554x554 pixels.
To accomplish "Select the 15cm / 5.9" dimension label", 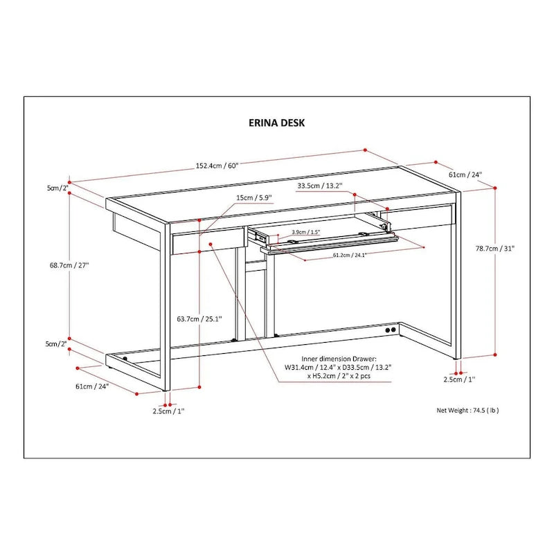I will tap(254, 197).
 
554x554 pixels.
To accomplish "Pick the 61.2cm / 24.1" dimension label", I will tap(350, 256).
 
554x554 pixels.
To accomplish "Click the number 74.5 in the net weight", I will tap(478, 410).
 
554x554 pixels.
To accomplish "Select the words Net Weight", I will tap(452, 410).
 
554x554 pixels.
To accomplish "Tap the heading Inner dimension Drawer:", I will tap(330, 359).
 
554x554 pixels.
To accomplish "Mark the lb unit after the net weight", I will tap(493, 410).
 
